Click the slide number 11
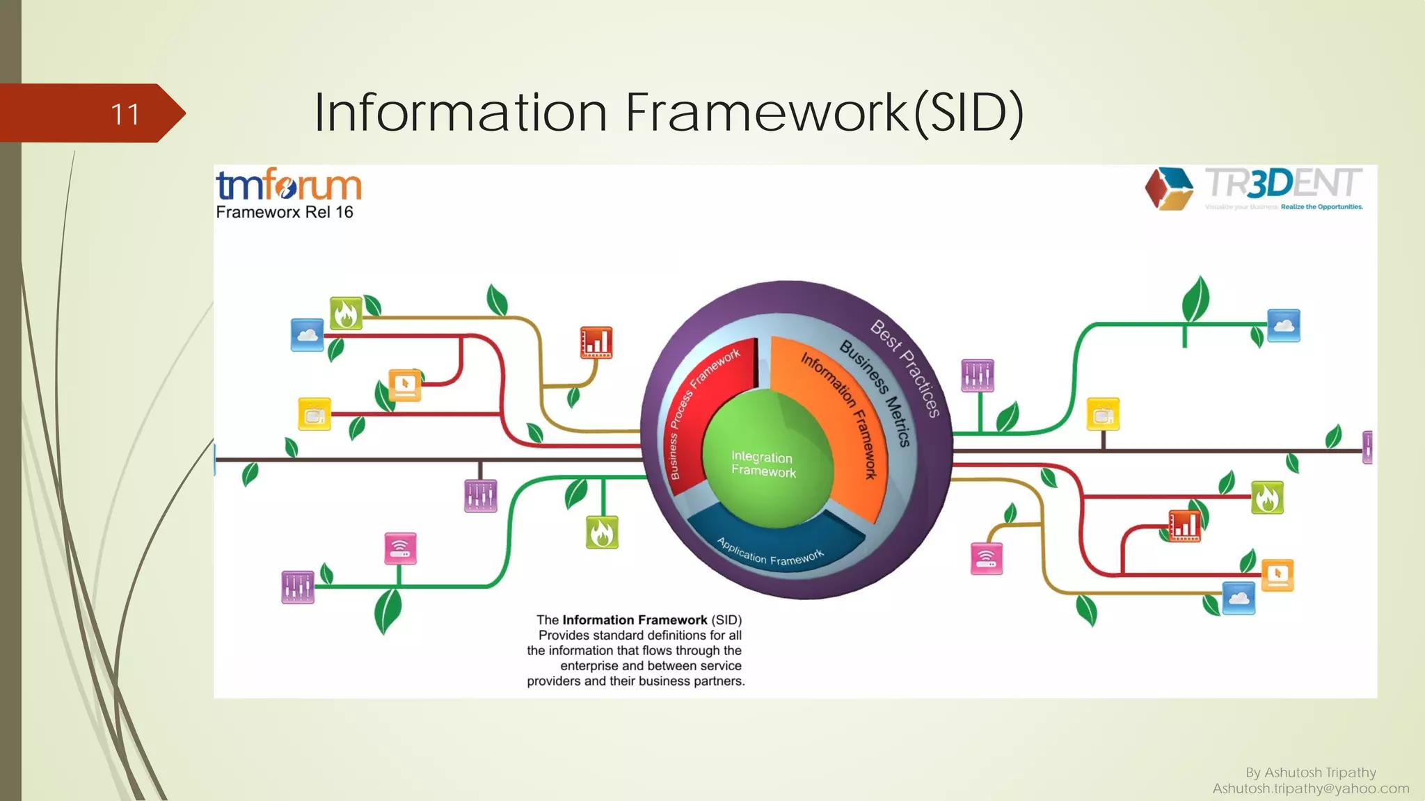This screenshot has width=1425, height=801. click(x=125, y=114)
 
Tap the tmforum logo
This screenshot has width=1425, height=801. click(x=288, y=185)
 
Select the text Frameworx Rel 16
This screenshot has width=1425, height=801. click(x=285, y=212)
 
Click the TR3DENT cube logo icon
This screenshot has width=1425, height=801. click(x=1169, y=188)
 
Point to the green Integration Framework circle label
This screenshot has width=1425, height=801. click(x=763, y=464)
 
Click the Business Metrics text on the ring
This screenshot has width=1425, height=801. click(x=876, y=393)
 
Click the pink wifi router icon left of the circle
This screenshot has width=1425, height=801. click(x=400, y=549)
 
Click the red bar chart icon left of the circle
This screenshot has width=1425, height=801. click(x=596, y=342)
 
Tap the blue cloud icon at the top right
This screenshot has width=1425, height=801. click(x=1283, y=325)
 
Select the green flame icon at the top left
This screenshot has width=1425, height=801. click(x=346, y=314)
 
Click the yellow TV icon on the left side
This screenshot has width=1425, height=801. click(x=315, y=414)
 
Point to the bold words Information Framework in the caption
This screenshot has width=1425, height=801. click(x=635, y=620)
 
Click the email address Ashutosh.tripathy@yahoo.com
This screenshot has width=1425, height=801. click(x=1311, y=788)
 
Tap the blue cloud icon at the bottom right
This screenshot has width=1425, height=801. click(x=1239, y=598)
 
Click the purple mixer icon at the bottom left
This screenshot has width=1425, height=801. click(x=298, y=588)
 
